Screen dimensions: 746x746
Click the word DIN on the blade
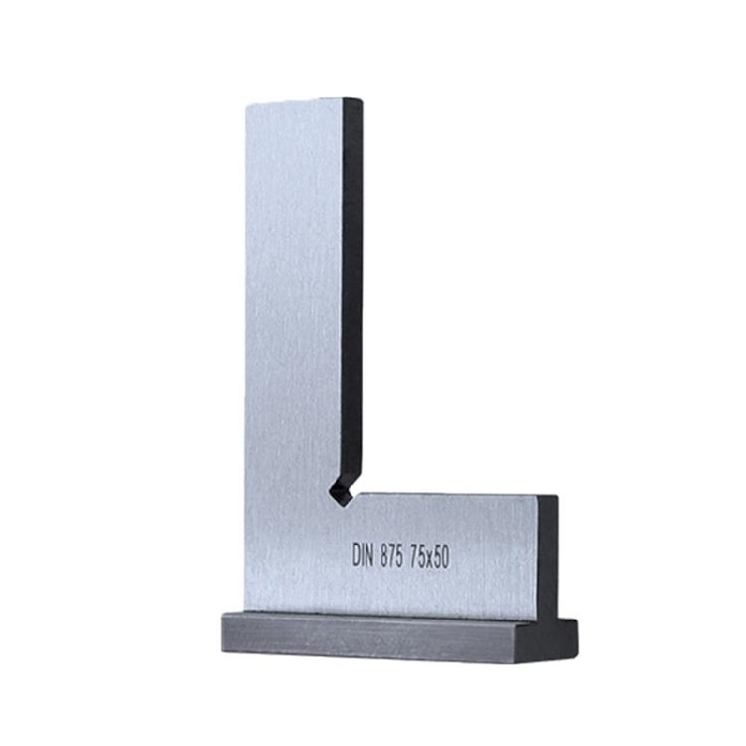tap(363, 556)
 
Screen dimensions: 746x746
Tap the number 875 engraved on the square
tap(392, 556)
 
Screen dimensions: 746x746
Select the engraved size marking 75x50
tap(430, 558)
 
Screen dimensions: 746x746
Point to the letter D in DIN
tap(356, 556)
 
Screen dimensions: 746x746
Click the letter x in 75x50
tap(428, 560)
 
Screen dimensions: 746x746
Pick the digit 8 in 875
tap(384, 556)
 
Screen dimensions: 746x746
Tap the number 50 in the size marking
tap(441, 558)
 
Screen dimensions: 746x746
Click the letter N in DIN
tap(370, 556)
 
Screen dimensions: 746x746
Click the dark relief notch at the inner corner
tap(340, 491)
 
